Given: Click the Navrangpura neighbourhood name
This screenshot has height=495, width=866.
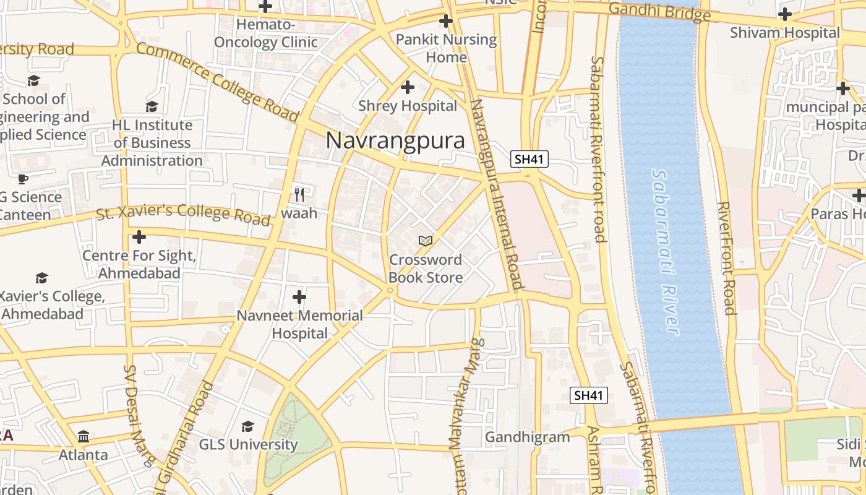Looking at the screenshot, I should [395, 140].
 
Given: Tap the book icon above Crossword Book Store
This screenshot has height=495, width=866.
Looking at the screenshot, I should [426, 240].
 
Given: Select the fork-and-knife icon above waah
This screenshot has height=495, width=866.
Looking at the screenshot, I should [299, 195].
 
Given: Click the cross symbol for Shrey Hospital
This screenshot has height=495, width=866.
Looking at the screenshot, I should [408, 87].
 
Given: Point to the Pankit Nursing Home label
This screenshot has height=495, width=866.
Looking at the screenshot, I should [446, 48].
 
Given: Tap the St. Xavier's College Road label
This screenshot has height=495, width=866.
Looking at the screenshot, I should [184, 213].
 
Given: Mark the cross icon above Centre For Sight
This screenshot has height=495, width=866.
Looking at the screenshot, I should [139, 236].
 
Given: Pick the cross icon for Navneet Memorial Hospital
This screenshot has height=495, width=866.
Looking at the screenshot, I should [299, 297].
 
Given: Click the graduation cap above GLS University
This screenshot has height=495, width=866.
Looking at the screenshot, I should [248, 426].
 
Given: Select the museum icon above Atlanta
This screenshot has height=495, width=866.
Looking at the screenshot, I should [84, 437].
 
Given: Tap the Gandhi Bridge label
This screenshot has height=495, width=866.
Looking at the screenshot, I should [659, 11].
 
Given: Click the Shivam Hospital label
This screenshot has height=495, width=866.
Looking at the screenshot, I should [785, 33].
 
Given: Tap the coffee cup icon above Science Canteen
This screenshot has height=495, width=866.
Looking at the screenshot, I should [23, 179].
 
